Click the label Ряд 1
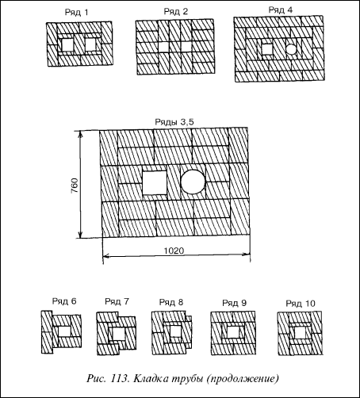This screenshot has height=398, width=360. [x=76, y=13]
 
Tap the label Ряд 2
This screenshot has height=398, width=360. [x=176, y=12]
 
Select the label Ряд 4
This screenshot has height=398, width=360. [x=281, y=10]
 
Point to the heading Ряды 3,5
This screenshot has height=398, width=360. [x=174, y=122]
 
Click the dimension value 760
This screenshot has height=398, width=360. [x=75, y=186]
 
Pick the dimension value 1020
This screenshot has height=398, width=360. [x=174, y=251]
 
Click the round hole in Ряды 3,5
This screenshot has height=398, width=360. [x=193, y=182]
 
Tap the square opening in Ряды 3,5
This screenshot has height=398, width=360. [x=155, y=182]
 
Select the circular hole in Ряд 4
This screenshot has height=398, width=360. [x=291, y=49]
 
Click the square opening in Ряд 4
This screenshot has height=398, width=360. [x=267, y=49]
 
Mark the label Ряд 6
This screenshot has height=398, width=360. [x=64, y=301]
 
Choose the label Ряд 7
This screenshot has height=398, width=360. [x=117, y=301]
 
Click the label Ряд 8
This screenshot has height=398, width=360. [x=171, y=302]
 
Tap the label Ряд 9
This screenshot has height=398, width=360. [x=235, y=303]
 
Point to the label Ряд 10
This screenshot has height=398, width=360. [x=301, y=304]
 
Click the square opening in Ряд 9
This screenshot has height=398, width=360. [x=233, y=332]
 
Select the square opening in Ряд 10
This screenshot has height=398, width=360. [x=300, y=333]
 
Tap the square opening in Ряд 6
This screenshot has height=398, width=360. [x=64, y=331]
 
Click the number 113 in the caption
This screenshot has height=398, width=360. [x=120, y=378]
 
